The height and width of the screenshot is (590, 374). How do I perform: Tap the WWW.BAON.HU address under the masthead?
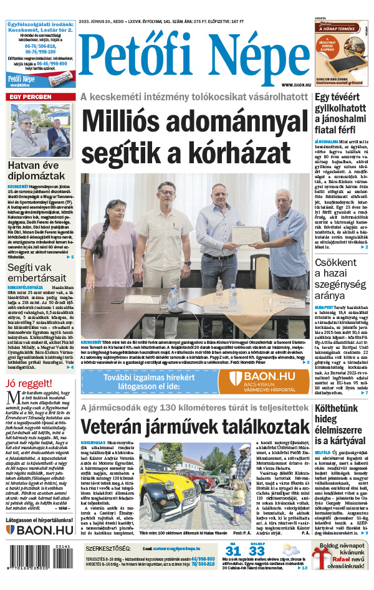(x=295, y=85)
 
